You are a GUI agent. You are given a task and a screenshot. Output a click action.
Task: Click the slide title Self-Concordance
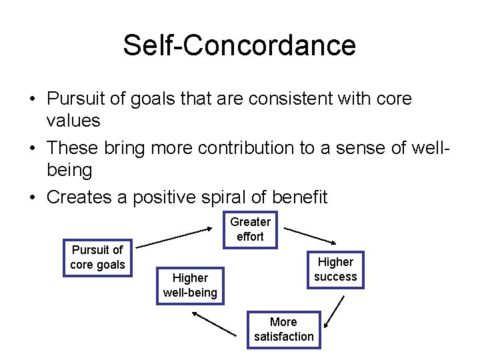[x=239, y=45]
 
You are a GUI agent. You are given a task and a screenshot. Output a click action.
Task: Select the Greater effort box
[x=251, y=229]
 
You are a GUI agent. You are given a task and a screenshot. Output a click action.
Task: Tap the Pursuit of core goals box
[x=97, y=257]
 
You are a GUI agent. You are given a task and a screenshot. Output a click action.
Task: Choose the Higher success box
[x=335, y=269]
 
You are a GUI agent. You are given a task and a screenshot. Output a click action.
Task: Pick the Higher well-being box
[x=190, y=285]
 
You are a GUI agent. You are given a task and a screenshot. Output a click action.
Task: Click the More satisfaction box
[x=283, y=329]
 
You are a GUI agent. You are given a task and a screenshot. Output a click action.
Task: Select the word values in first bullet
[x=73, y=121]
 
